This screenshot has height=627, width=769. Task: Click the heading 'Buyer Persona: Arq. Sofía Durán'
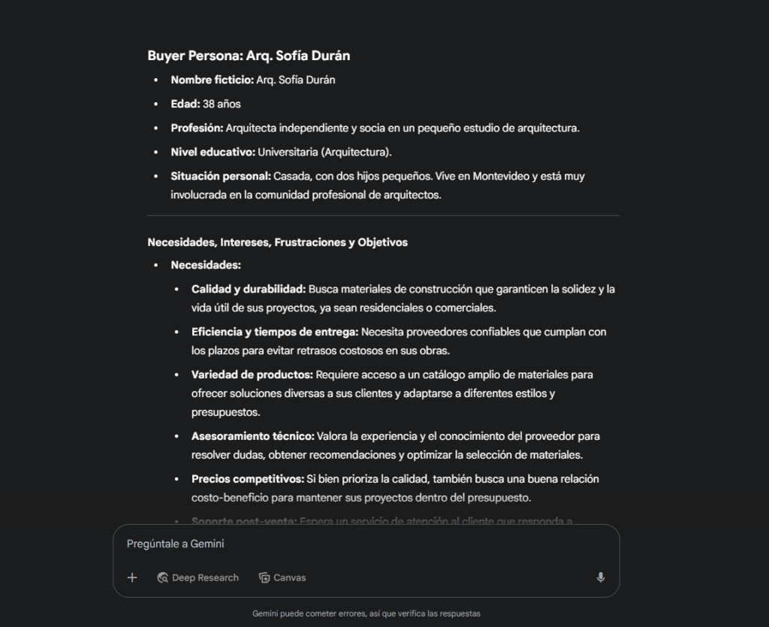tap(249, 56)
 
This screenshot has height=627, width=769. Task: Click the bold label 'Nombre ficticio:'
tap(212, 80)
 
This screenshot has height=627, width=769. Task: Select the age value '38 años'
tap(222, 104)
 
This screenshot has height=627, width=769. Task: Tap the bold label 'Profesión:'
tap(197, 128)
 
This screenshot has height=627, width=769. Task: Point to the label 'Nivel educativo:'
tap(213, 152)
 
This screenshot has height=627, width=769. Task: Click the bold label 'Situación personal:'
tap(221, 176)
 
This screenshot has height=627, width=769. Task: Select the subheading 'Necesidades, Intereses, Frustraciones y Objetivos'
tap(277, 242)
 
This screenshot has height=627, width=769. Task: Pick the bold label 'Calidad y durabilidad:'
tap(248, 289)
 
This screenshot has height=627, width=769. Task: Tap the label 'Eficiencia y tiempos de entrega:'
tap(275, 332)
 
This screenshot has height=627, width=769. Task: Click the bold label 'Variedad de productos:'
tap(252, 374)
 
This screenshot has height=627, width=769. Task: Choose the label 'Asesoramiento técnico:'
tap(253, 436)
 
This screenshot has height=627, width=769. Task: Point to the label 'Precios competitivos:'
tap(248, 479)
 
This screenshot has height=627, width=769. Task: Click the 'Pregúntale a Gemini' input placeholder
tap(176, 544)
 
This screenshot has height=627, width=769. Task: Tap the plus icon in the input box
tap(132, 577)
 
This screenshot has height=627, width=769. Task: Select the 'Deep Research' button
tap(198, 577)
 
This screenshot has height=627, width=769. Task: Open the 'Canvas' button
tap(282, 577)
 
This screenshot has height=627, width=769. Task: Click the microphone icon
tap(600, 577)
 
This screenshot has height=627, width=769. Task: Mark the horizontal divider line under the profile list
tap(384, 216)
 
